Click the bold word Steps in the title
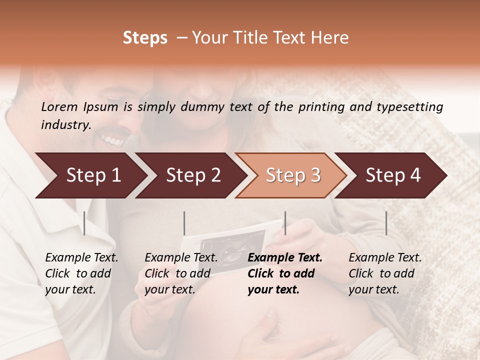145,38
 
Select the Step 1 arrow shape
90,175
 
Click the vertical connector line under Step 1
84,223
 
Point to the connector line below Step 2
184,223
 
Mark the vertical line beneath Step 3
285,223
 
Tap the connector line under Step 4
386,223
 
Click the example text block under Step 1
81,273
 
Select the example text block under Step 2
181,273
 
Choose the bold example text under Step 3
285,273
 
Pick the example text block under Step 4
385,273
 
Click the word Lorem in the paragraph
59,106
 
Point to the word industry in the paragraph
65,125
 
